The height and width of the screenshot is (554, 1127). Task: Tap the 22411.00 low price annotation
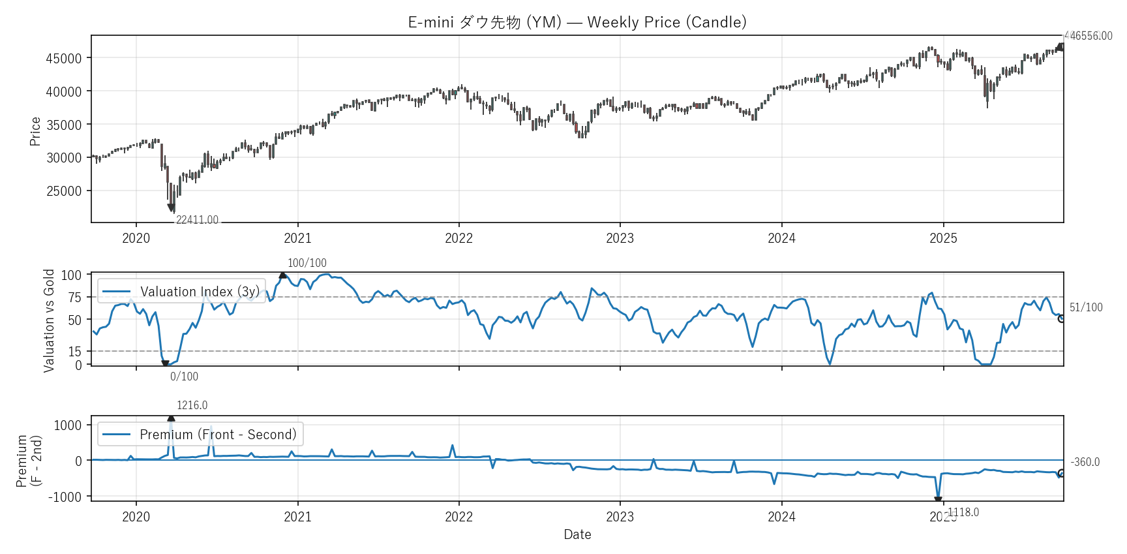[x=197, y=220]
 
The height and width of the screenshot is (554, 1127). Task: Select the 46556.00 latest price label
[x=1091, y=36]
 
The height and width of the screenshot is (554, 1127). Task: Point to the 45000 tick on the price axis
[x=64, y=59]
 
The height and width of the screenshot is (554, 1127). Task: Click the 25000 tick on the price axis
[x=64, y=191]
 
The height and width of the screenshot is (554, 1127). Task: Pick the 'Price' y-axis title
[x=35, y=131]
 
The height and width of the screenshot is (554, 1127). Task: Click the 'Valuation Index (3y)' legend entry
[x=200, y=292]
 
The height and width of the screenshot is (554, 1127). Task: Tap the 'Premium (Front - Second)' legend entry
[x=218, y=435]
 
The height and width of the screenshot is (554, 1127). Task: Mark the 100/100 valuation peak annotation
[x=307, y=263]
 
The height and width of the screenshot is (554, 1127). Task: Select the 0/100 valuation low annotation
[x=184, y=377]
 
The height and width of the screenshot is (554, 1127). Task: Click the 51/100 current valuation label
[x=1086, y=307]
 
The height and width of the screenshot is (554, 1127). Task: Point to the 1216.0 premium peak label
[x=192, y=405]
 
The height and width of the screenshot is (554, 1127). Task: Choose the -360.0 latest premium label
[x=1085, y=462]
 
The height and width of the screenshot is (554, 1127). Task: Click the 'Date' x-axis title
[x=577, y=534]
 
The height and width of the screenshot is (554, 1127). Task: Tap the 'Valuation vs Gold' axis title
[x=49, y=320]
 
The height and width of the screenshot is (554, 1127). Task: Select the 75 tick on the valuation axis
[x=75, y=298]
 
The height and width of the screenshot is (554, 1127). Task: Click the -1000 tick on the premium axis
[x=65, y=497]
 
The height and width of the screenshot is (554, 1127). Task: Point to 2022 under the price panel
[x=458, y=238]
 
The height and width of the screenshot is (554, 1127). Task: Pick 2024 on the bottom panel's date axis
[x=781, y=517]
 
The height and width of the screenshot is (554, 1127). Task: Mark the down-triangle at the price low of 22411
[x=171, y=208]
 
